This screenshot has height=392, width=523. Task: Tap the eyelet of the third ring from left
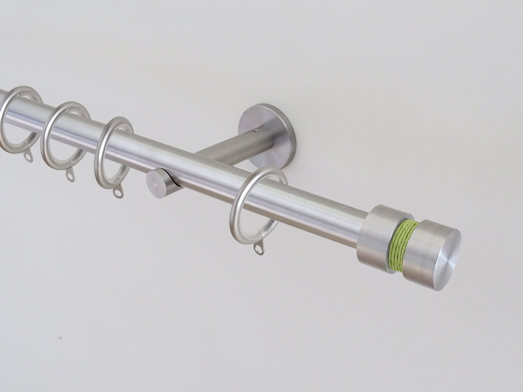click(117, 193)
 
